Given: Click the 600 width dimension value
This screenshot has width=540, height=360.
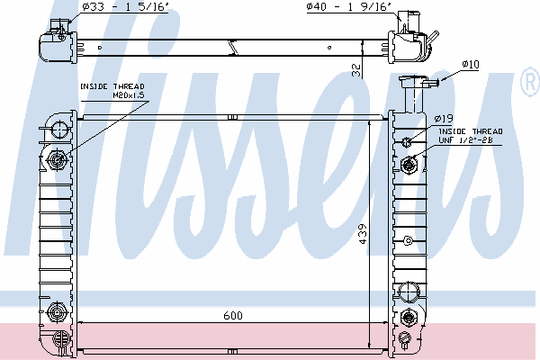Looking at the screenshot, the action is point(233,315).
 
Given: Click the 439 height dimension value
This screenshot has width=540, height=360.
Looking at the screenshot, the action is point(363,234).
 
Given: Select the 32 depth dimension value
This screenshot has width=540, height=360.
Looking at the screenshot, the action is point(357,70).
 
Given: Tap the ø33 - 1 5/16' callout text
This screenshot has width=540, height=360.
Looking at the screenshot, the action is point(125,7).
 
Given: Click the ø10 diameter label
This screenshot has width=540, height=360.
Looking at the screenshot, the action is point(471,65).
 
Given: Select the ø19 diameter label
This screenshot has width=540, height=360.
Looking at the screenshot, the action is point(444,119).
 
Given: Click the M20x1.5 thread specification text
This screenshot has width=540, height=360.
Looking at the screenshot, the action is point(129,95).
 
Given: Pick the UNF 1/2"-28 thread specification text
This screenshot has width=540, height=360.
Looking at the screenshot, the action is point(465,139).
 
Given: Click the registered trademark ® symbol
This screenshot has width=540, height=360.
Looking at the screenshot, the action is point(530,81).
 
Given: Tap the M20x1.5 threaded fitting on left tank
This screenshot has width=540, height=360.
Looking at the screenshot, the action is point(57,159).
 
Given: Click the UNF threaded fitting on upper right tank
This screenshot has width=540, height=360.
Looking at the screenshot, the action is point(409,165).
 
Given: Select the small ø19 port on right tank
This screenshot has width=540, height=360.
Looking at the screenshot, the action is point(407,141).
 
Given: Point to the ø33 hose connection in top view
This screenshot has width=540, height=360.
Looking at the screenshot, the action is point(58,28).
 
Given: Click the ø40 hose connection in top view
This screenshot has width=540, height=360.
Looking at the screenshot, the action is point(409,23).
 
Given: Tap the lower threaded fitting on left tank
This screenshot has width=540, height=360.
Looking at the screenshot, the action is point(56,312).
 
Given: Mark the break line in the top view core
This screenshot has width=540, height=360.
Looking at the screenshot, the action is point(233,47).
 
